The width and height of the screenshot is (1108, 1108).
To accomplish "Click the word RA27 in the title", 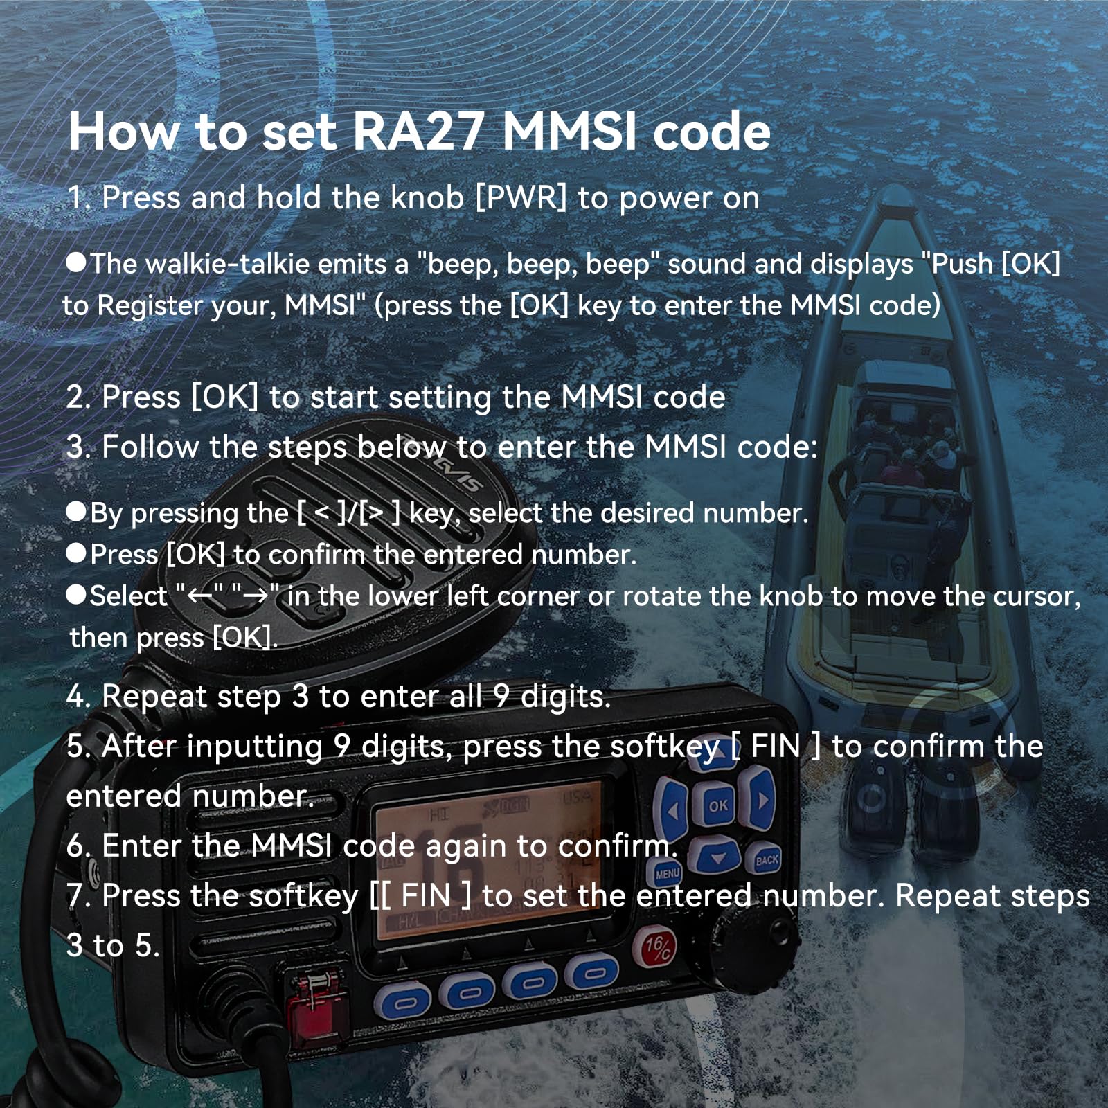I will pos(417,132).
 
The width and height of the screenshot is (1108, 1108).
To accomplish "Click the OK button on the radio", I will pos(718,805).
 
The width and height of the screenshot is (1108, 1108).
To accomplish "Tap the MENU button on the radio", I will pos(668,874).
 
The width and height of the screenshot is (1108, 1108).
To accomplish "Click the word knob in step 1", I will pos(427,198).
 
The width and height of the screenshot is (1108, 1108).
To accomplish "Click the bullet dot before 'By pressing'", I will pos(76,512).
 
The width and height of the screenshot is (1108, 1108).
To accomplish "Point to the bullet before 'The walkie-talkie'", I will pos(76,262).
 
